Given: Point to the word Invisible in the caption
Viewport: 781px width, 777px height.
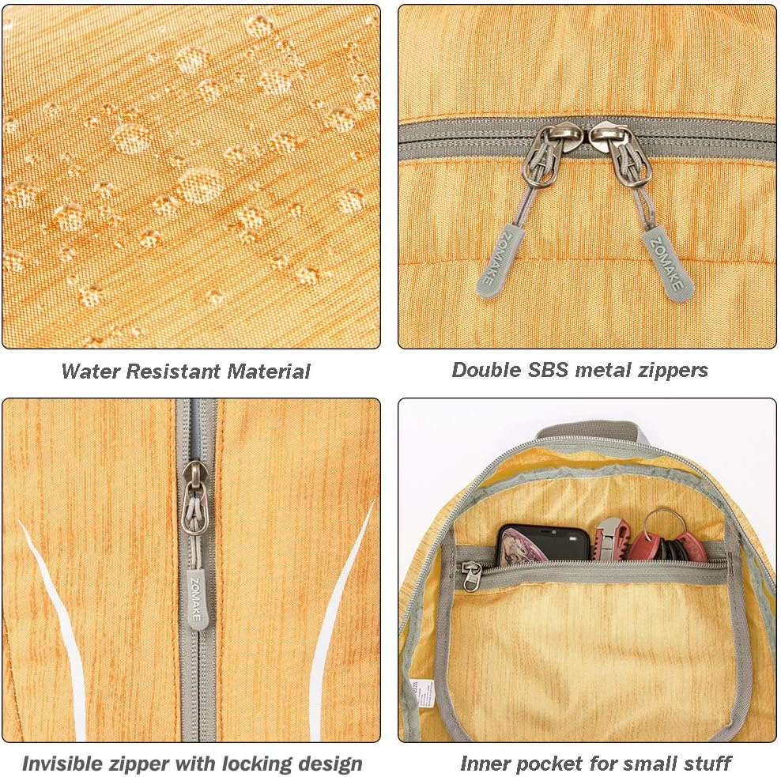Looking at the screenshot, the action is [59, 764].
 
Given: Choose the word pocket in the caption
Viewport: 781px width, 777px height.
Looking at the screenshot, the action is [545, 764].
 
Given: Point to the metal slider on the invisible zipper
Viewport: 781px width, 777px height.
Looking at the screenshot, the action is [196, 498].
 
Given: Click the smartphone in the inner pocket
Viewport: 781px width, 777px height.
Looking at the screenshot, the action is [544, 544].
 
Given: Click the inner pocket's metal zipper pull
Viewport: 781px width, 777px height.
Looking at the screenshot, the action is [470, 575].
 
